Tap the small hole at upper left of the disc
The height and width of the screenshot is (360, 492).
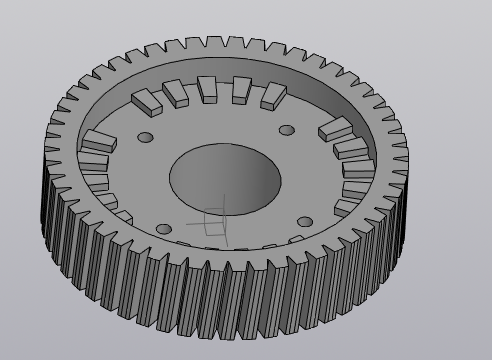tap(146, 137)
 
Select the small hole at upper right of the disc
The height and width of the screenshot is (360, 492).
tap(287, 130)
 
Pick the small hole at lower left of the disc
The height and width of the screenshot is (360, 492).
tap(164, 229)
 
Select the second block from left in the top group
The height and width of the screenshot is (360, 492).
tap(177, 93)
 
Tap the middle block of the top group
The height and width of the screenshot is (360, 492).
tap(208, 89)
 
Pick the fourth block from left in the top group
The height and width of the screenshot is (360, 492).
tap(241, 90)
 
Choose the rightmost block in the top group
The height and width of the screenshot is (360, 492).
tap(273, 95)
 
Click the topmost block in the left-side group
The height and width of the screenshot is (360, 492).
tap(97, 141)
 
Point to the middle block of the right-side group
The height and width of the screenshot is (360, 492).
tap(358, 168)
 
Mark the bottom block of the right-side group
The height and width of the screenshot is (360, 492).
tap(346, 207)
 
